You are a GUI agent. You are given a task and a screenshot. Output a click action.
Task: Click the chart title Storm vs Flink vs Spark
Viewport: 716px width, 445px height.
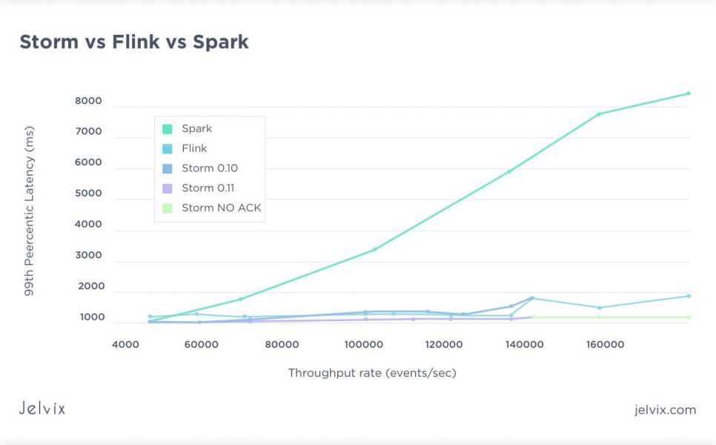134,42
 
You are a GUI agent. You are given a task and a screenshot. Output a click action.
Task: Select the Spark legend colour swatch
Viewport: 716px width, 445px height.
168,129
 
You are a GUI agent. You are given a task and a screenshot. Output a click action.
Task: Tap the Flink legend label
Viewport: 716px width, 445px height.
194,148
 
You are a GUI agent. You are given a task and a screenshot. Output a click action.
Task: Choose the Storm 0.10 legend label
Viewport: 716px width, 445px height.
210,168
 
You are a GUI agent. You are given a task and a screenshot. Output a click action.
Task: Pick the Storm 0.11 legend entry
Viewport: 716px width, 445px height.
208,188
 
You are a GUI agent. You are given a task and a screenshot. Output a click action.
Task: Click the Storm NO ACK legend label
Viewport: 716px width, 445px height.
221,208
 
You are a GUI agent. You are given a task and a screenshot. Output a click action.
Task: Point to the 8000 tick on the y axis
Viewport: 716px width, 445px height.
89,101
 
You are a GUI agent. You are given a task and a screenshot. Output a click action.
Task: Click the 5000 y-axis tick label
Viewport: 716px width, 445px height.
89,194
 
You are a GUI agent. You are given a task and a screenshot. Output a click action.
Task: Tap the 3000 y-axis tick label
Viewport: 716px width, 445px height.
89,255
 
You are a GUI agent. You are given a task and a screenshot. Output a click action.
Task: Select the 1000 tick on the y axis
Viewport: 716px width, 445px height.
89,317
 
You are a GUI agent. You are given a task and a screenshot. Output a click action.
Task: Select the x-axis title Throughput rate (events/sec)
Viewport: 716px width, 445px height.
372,373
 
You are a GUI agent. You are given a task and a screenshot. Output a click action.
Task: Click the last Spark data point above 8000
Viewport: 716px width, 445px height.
688,93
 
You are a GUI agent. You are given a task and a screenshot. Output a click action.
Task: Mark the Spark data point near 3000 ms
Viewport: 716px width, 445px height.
375,249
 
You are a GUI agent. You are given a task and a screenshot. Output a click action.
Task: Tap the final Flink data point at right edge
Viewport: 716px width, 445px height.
689,296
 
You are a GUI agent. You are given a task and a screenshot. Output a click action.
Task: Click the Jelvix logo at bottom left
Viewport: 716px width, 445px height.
42,408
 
